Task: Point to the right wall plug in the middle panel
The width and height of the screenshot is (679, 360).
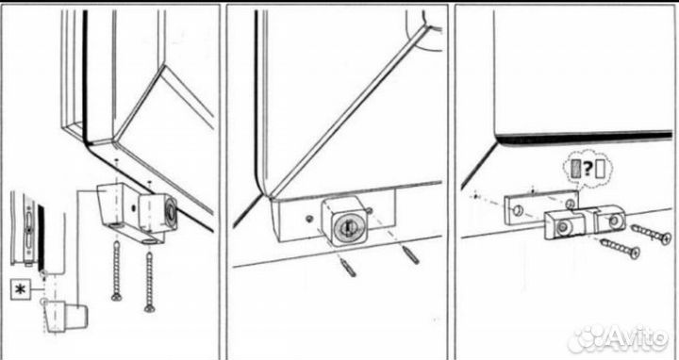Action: tap(410, 255)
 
